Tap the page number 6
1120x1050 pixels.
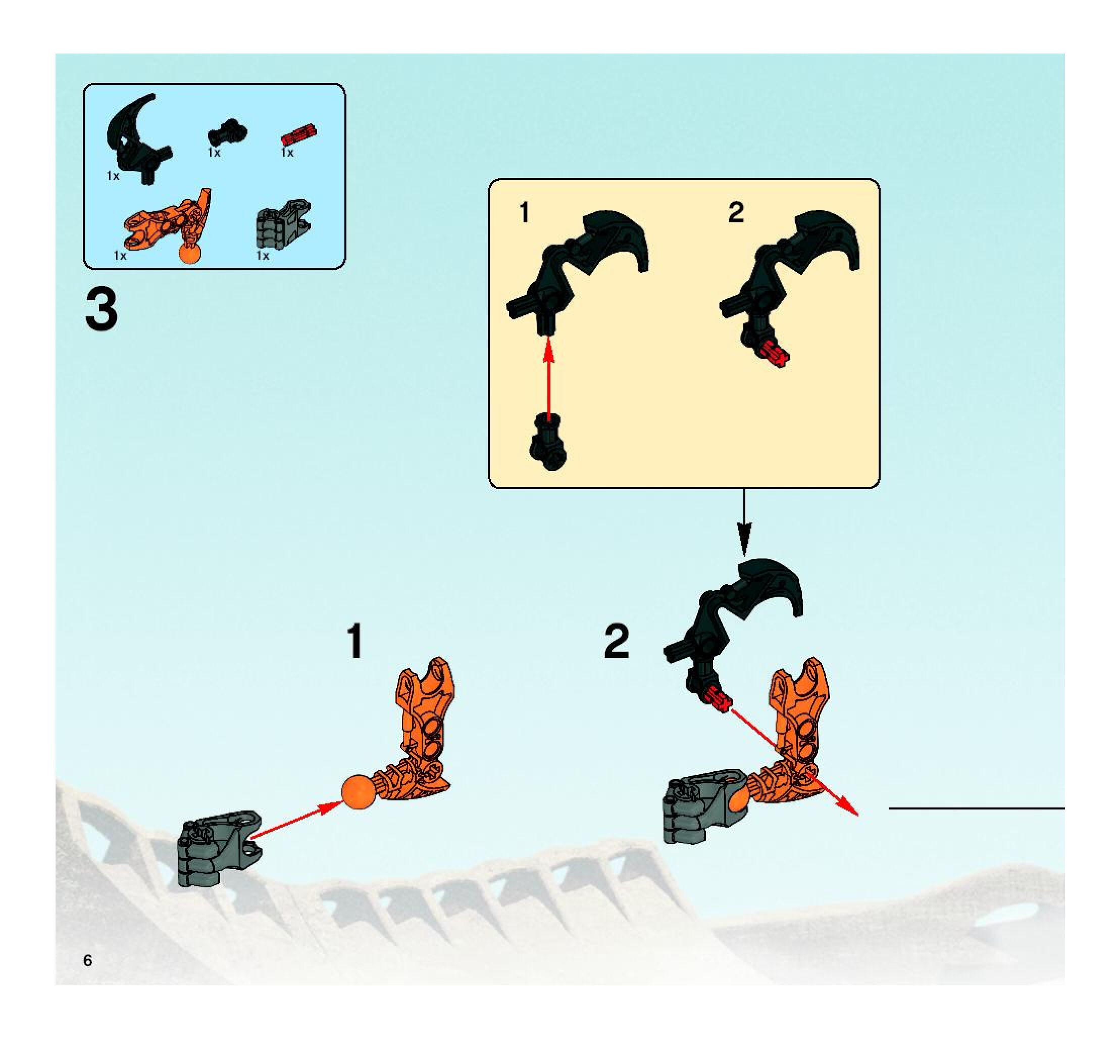pos(87,961)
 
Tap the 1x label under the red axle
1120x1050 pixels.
pos(287,153)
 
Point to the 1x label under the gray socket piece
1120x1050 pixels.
pos(263,255)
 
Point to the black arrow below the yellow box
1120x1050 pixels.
pos(744,521)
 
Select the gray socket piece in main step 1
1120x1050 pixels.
pos(220,848)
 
